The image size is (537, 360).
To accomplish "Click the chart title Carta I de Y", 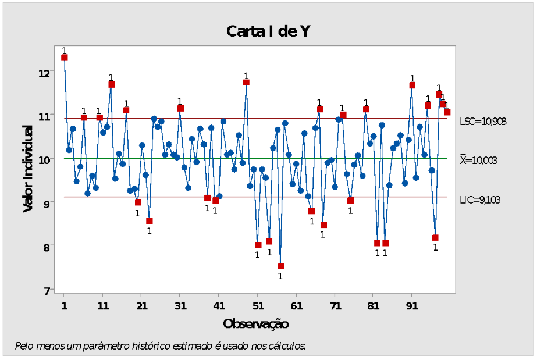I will tap(268, 31).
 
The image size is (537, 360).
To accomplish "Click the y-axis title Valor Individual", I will tap(27, 168).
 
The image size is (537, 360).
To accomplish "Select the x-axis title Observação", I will tap(255, 323).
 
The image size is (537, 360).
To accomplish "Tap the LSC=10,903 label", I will tap(483, 122).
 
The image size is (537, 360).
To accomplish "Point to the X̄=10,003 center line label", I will tap(478, 161).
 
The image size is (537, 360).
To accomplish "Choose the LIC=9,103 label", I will tap(480, 200).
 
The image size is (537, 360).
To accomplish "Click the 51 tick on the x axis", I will tap(257, 305).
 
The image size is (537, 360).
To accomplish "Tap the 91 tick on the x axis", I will tap(411, 305).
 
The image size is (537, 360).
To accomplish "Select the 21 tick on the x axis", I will tap(141, 305).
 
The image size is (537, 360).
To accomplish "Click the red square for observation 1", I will tap(65, 58).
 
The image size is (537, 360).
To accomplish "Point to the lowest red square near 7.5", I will tap(281, 266).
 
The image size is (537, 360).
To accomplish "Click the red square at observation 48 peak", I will tap(246, 83).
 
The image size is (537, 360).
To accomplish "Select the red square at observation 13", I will tap(111, 84).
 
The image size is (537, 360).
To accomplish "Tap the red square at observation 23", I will tap(150, 221).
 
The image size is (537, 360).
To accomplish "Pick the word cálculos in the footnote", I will tap(287, 346).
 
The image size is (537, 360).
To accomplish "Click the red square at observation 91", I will tap(412, 85).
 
